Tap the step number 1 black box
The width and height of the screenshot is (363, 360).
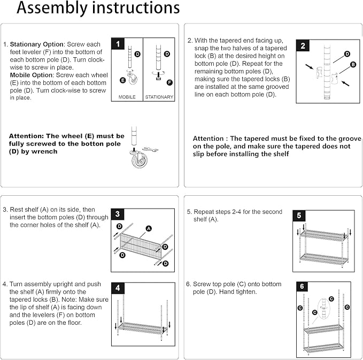[x=118, y=43]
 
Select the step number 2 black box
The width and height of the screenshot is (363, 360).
[x=303, y=45]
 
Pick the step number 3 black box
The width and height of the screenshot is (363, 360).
[x=118, y=214]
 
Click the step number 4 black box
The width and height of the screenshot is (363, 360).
[x=118, y=288]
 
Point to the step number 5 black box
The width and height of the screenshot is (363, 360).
[x=299, y=216]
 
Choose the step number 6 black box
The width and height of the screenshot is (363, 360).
[x=302, y=287]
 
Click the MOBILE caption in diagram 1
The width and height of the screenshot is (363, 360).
[x=127, y=97]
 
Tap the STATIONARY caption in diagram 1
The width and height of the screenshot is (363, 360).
[x=159, y=97]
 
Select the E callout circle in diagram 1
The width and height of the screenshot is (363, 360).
[x=123, y=80]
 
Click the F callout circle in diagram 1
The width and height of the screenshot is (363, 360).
[x=169, y=82]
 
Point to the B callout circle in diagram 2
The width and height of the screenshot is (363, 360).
[x=353, y=64]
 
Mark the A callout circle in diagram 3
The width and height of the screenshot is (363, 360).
[x=149, y=228]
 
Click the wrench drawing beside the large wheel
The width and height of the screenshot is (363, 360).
[x=150, y=149]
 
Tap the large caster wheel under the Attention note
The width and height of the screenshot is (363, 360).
[x=139, y=159]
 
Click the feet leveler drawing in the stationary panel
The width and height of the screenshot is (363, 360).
[x=158, y=76]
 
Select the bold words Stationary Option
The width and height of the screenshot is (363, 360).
[x=37, y=44]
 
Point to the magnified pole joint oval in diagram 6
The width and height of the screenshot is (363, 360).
[x=323, y=308]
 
